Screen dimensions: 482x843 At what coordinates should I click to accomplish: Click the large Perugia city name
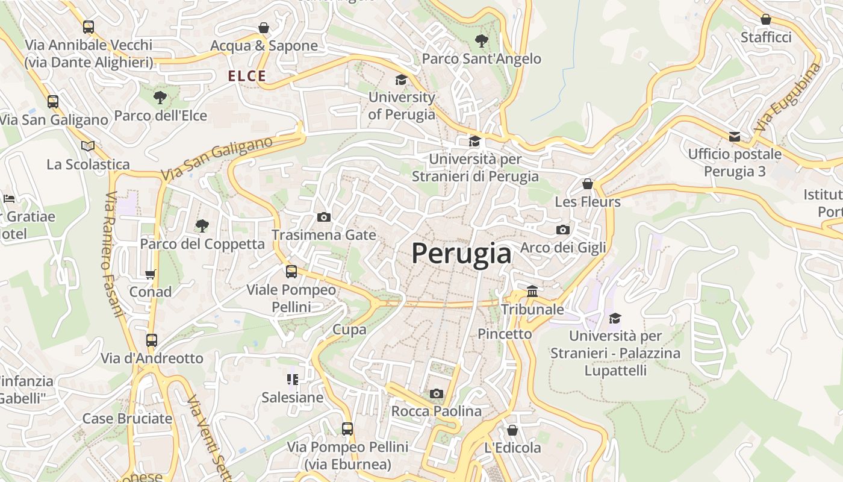[x=461, y=254]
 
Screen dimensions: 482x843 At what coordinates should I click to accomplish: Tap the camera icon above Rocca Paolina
[x=437, y=394]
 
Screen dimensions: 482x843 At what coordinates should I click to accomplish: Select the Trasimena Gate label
[x=323, y=235]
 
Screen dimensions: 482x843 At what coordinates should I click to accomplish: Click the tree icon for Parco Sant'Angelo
[x=481, y=41]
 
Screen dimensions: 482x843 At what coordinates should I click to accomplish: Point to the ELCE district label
[x=247, y=76]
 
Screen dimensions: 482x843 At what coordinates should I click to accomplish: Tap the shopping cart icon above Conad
[x=151, y=274]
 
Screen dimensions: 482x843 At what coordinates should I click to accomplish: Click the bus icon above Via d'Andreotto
[x=152, y=340]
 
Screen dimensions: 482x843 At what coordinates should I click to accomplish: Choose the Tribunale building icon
[x=532, y=292]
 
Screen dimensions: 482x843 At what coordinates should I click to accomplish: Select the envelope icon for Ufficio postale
[x=735, y=137]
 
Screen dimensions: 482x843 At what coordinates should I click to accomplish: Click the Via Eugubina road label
[x=786, y=98]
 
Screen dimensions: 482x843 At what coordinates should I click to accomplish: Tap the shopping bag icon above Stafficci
[x=766, y=19]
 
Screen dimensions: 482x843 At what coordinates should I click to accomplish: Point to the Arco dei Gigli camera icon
[x=563, y=230]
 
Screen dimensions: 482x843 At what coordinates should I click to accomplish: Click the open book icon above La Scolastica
[x=88, y=146]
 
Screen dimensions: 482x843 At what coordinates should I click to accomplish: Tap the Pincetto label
[x=505, y=334]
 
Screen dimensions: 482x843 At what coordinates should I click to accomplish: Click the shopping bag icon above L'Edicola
[x=512, y=430]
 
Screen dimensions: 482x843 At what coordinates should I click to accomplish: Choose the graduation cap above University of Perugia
[x=401, y=80]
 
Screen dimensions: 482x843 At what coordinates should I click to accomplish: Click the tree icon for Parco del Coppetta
[x=202, y=226]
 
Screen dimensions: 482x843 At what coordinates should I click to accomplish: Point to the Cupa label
[x=349, y=330]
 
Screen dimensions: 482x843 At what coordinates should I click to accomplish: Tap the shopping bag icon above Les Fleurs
[x=588, y=184]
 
